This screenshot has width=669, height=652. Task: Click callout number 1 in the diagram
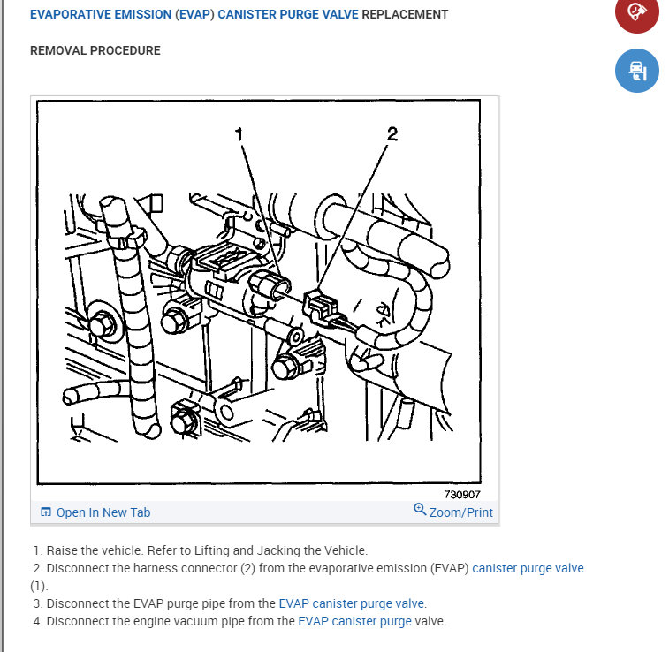click(239, 134)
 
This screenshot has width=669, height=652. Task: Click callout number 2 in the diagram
click(392, 134)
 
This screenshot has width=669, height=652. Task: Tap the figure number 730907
click(462, 494)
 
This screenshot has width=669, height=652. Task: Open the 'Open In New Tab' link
click(103, 512)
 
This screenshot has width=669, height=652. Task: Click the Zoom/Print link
click(460, 512)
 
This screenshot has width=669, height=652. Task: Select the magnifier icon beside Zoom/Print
click(420, 509)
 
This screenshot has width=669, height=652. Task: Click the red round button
click(636, 12)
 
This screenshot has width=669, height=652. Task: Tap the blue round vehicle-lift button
click(636, 71)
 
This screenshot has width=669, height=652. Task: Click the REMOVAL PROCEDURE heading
click(95, 50)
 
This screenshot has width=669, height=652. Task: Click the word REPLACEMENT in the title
click(405, 14)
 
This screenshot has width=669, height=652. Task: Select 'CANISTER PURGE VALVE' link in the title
click(288, 14)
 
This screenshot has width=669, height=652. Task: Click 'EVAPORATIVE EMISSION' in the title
click(101, 14)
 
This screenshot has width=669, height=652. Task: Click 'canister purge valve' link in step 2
click(528, 568)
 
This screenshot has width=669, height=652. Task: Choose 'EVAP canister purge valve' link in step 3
click(351, 603)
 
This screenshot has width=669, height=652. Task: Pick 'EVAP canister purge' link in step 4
click(354, 621)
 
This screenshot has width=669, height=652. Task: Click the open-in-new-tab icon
click(46, 512)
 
